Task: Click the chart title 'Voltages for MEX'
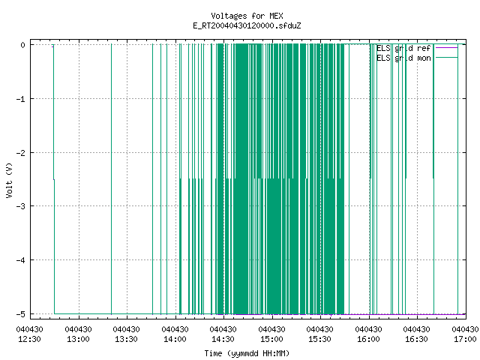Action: [247, 16]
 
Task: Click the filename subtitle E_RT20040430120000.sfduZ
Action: [247, 25]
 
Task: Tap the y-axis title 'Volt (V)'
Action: [9, 180]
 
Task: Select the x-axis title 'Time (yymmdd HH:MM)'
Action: [247, 353]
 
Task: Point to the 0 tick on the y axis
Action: [23, 45]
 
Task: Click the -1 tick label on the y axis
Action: [21, 99]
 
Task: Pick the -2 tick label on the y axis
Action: [21, 152]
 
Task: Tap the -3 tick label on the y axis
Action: [21, 206]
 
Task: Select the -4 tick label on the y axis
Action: [21, 260]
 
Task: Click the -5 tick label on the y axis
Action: [21, 313]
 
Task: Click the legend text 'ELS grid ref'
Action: [403, 48]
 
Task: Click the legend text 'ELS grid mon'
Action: [403, 58]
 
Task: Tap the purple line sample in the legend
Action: [446, 48]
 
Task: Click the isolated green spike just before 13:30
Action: [112, 179]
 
